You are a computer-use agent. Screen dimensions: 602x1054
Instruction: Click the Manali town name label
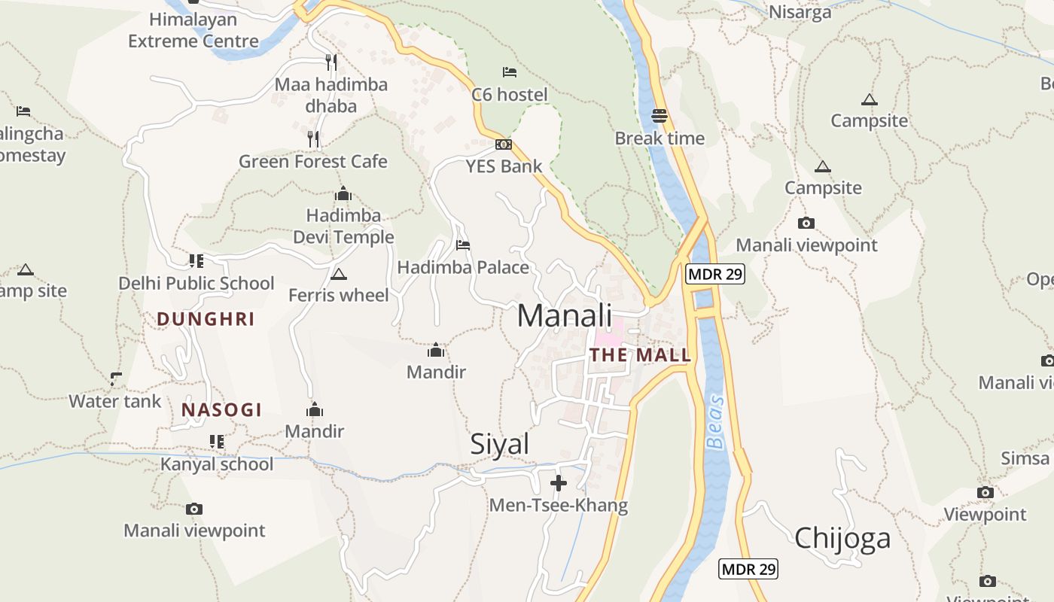[565, 316]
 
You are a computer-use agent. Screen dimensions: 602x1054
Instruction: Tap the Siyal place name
[500, 444]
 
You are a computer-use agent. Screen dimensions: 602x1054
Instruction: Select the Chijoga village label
[842, 537]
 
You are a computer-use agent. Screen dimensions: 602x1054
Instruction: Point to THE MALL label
[640, 355]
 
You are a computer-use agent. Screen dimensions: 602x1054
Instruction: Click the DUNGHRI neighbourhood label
[206, 319]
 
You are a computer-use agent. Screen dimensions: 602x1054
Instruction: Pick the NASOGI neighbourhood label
[221, 410]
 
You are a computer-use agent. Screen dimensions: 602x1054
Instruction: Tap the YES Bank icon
[504, 144]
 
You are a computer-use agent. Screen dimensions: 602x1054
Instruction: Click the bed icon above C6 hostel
[510, 72]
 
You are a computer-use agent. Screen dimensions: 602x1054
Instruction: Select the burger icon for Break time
[660, 116]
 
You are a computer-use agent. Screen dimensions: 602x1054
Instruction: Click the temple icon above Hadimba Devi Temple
[343, 193]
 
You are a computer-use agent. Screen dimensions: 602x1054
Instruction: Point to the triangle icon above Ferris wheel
[338, 274]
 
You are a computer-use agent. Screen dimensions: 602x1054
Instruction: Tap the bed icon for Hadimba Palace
[463, 245]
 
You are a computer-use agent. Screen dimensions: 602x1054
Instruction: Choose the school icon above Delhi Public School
[196, 261]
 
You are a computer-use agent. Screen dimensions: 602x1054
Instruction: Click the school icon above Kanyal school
[217, 442]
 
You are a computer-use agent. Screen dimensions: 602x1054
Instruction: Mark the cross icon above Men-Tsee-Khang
[559, 482]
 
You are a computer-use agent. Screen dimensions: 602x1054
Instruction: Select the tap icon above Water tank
[115, 379]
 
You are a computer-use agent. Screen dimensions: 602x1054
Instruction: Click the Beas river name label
[716, 422]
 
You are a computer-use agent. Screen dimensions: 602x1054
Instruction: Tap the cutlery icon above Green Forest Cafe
[313, 138]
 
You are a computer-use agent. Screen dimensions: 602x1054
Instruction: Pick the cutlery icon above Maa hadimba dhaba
[331, 61]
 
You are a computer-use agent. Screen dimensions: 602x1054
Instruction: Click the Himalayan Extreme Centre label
[193, 30]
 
